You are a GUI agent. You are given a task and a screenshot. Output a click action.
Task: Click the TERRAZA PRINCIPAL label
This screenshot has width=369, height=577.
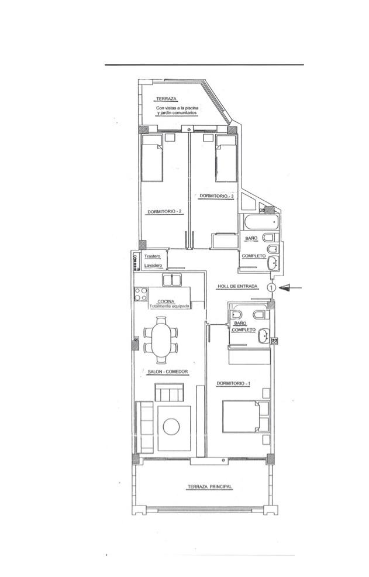[210, 486]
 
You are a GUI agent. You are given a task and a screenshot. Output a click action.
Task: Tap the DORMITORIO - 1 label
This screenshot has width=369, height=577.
[233, 383]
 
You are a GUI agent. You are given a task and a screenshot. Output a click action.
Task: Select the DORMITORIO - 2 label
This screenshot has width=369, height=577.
[164, 212]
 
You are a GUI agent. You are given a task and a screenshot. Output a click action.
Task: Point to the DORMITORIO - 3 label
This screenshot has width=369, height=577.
[216, 196]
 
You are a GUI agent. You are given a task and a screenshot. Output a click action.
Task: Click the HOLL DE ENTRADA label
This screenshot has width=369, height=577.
[237, 286]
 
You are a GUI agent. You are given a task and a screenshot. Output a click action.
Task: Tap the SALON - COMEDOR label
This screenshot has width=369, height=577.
[167, 372]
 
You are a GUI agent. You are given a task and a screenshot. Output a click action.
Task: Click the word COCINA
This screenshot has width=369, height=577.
[165, 301]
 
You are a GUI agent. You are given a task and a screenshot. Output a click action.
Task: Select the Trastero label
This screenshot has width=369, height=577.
[152, 256]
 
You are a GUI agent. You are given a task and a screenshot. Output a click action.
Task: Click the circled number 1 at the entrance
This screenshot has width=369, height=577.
[271, 287]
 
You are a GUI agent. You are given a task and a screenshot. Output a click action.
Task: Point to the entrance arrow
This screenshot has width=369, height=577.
[291, 288]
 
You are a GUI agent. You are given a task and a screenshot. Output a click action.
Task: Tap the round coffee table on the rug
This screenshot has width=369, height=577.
[171, 427]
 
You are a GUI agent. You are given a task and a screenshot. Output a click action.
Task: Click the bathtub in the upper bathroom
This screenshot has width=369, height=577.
[260, 222]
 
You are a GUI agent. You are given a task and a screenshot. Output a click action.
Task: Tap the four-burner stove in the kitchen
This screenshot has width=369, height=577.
[140, 294]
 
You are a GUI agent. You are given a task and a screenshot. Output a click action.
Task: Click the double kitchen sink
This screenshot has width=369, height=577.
[171, 280]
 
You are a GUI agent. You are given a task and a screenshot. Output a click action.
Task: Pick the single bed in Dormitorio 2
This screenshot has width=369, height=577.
[152, 158]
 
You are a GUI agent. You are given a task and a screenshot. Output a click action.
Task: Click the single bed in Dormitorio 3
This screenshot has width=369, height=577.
[226, 158]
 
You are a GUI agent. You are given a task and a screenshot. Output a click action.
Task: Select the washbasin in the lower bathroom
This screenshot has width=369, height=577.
[263, 336]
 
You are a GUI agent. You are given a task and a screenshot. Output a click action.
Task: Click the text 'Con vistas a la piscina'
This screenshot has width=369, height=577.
[177, 108]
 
